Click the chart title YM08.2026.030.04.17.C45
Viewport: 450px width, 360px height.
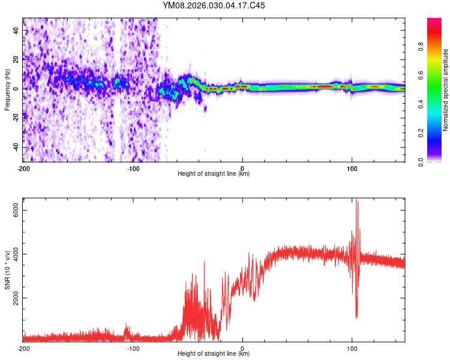[214, 5]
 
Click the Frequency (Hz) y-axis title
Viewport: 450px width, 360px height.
[7, 89]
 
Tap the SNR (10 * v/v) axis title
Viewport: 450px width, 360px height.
[7, 271]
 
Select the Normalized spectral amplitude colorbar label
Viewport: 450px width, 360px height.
[445, 90]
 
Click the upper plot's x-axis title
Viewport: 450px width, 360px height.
[214, 174]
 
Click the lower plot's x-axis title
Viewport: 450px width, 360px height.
[214, 354]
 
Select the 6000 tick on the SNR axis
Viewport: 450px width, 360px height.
[16, 209]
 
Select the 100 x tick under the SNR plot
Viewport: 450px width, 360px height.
[352, 348]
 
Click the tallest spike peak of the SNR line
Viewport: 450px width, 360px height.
[357, 200]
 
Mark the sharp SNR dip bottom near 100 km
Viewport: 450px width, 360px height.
[356, 317]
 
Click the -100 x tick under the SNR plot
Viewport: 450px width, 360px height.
[133, 348]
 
